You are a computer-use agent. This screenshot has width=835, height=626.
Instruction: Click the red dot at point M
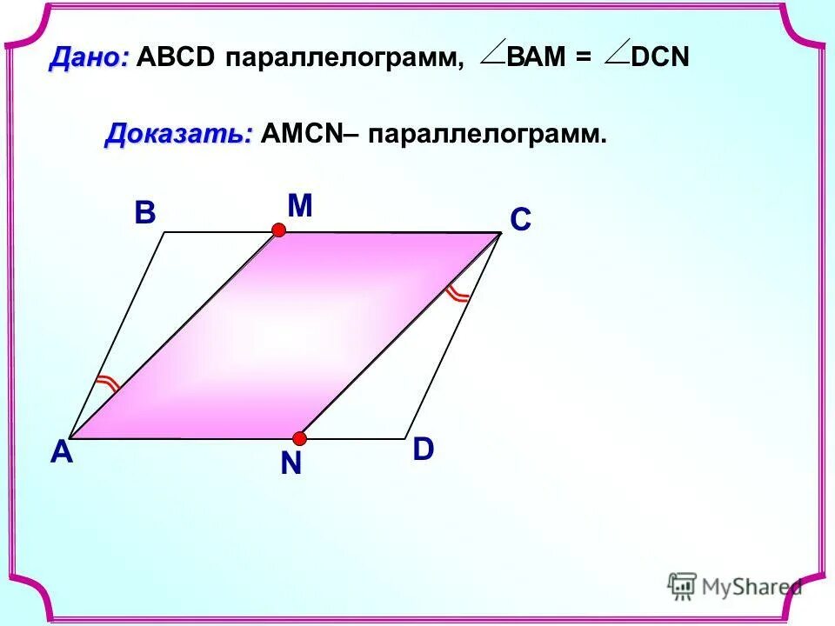278,230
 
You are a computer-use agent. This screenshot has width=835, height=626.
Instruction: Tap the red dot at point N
299,437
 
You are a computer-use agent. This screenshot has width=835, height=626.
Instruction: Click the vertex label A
61,453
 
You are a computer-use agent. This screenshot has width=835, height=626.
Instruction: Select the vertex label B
144,214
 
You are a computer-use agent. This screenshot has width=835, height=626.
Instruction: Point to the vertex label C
520,221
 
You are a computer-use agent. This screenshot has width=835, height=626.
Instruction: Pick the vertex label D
423,450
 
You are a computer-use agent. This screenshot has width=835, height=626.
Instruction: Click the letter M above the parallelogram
299,206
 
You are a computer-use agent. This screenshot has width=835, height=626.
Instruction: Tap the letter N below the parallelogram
291,465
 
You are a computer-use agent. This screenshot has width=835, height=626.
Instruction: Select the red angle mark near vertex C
457,294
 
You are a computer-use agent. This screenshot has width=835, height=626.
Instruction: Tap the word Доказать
179,135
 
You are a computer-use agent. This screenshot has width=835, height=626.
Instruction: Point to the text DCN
660,58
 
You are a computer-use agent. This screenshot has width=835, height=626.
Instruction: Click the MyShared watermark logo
734,586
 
